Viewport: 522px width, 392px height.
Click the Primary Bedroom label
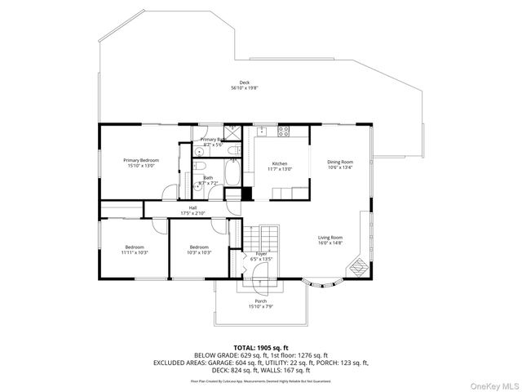point(141,160)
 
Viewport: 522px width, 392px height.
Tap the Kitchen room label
point(281,163)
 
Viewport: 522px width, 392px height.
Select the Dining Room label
point(340,162)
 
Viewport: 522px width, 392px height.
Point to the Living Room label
point(330,238)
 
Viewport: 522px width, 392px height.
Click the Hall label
point(193,208)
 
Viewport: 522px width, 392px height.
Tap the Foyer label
point(261,255)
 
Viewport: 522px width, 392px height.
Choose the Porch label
point(261,301)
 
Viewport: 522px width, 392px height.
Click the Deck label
point(244,82)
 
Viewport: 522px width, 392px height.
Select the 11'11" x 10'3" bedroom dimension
point(135,252)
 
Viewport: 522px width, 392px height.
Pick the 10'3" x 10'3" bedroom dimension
point(200,252)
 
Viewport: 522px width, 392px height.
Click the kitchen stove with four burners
point(285,131)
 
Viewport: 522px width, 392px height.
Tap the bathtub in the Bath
point(231,176)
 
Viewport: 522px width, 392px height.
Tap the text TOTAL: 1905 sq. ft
point(260,347)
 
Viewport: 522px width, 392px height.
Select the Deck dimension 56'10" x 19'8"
point(244,87)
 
